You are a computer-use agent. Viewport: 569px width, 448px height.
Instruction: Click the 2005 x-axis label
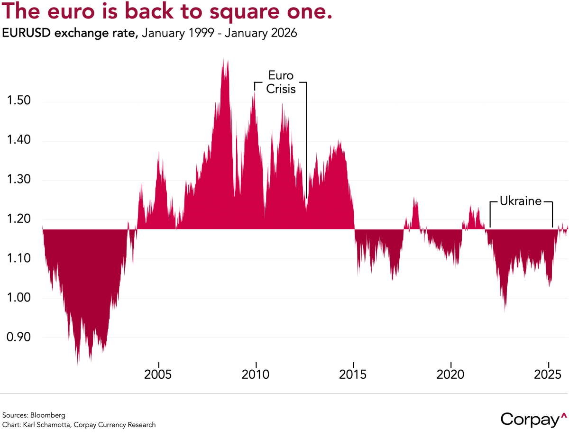click(158, 375)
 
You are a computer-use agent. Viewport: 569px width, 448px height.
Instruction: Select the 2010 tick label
click(256, 375)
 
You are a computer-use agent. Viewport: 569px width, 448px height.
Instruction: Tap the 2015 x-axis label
click(353, 375)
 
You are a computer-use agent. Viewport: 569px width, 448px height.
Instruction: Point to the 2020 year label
click(451, 375)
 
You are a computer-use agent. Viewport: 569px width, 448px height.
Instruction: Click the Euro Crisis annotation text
click(281, 82)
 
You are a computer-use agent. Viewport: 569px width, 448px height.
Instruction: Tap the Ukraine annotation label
click(521, 201)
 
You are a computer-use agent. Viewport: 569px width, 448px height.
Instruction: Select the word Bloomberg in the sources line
click(48, 415)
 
